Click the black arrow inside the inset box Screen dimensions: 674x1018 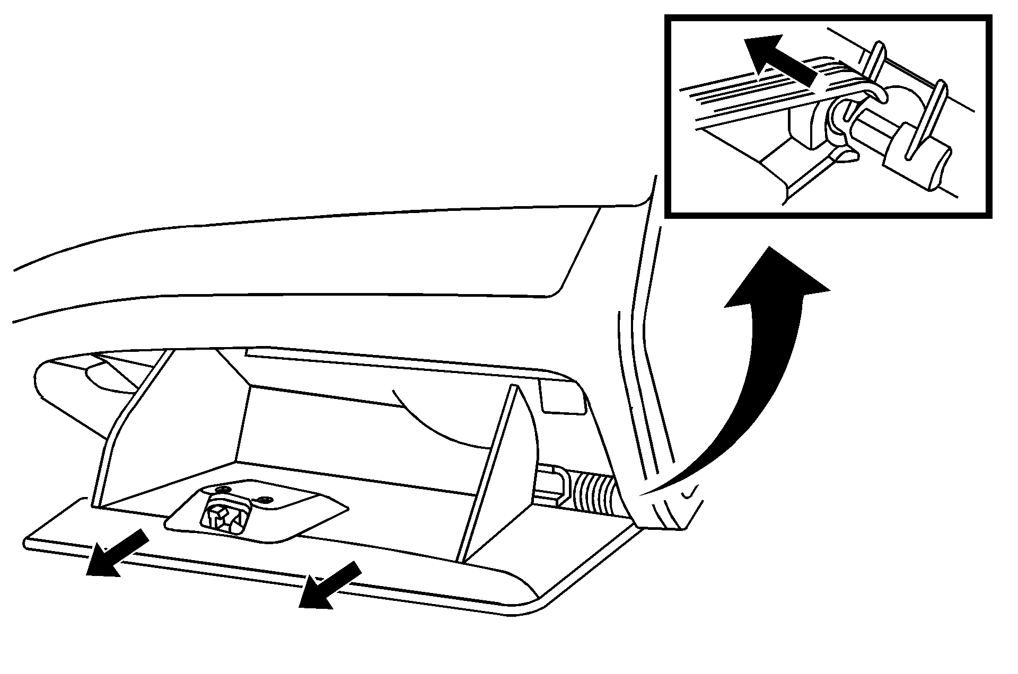point(779,61)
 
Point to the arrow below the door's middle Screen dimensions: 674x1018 point(329,586)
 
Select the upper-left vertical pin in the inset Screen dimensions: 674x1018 point(875,58)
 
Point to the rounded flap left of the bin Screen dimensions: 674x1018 point(80,382)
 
